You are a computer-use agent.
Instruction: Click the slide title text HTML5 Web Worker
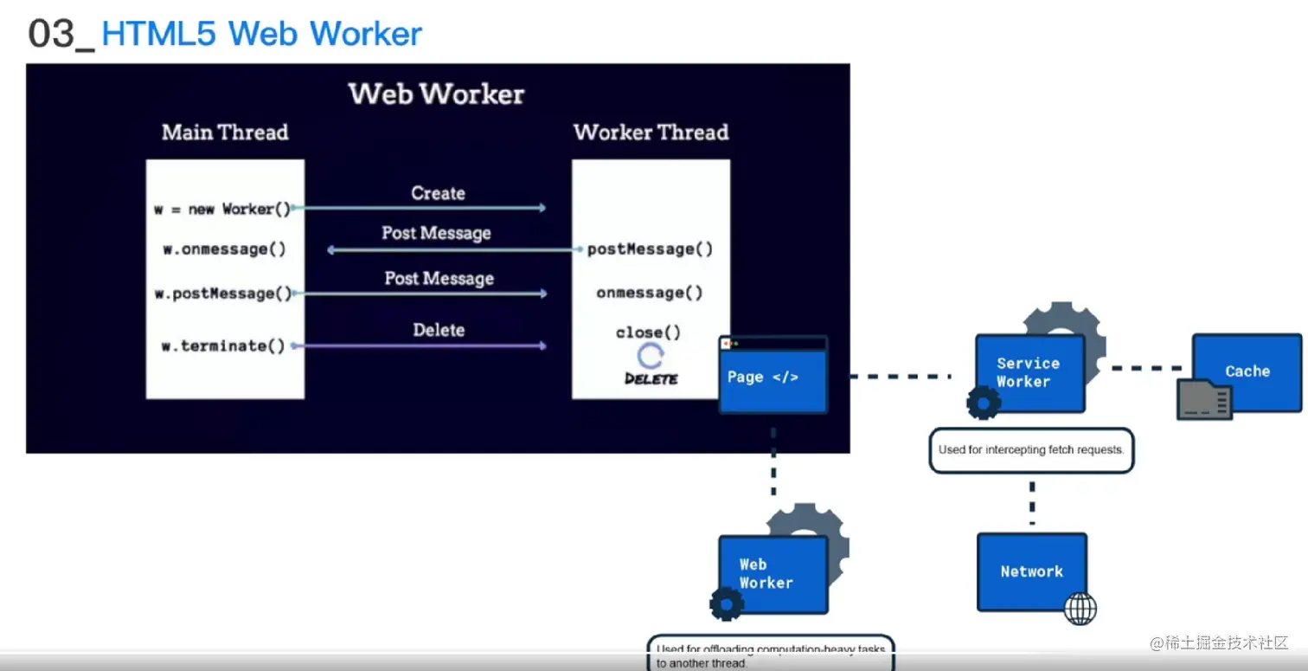click(261, 34)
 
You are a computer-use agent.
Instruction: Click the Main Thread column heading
click(225, 132)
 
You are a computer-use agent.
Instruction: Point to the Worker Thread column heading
click(651, 132)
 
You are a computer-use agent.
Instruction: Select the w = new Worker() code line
click(222, 209)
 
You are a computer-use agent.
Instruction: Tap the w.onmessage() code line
click(224, 249)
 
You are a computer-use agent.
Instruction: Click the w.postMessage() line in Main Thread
click(223, 294)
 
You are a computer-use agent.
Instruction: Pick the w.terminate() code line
click(223, 345)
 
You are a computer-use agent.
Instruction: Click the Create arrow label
click(438, 193)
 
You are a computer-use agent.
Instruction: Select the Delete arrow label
click(439, 330)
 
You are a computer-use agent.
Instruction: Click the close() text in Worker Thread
click(648, 332)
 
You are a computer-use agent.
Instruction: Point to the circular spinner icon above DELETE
click(651, 356)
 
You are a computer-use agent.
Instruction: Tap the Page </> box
click(773, 377)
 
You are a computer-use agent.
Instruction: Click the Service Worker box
click(1029, 373)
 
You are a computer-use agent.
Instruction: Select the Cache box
click(1247, 371)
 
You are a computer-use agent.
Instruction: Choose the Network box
click(1031, 571)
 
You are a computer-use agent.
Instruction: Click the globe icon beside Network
click(1080, 608)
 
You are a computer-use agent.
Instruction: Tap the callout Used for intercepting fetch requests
click(1030, 450)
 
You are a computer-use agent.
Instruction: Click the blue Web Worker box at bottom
click(773, 574)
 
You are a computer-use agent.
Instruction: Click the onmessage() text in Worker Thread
click(650, 293)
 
